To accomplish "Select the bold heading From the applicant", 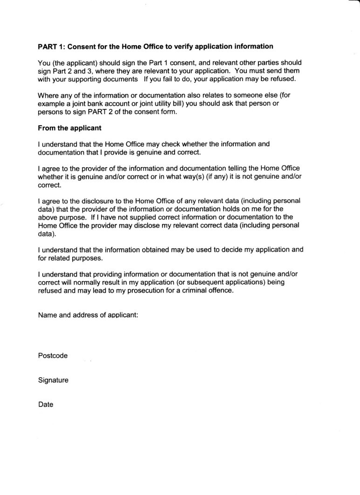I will [x=69, y=127].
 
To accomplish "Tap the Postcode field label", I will [x=53, y=356].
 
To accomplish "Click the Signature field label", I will [x=53, y=380].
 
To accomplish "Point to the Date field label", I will [x=46, y=405].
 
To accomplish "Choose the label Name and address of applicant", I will [x=88, y=315].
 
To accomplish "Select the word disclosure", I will [x=94, y=201].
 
